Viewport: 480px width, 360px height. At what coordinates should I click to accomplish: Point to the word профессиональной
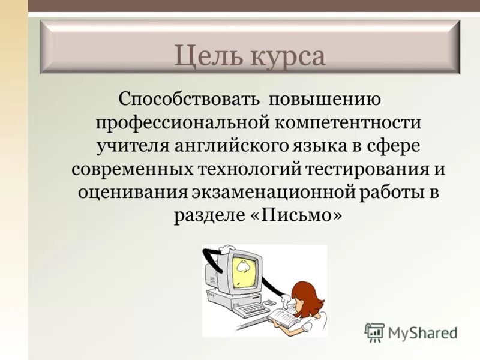181,123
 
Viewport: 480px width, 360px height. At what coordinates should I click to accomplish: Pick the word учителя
132,146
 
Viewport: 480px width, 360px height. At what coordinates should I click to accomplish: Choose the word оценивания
133,192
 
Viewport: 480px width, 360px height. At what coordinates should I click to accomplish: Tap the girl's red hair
306,294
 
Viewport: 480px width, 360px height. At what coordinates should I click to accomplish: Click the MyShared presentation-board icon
375,332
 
